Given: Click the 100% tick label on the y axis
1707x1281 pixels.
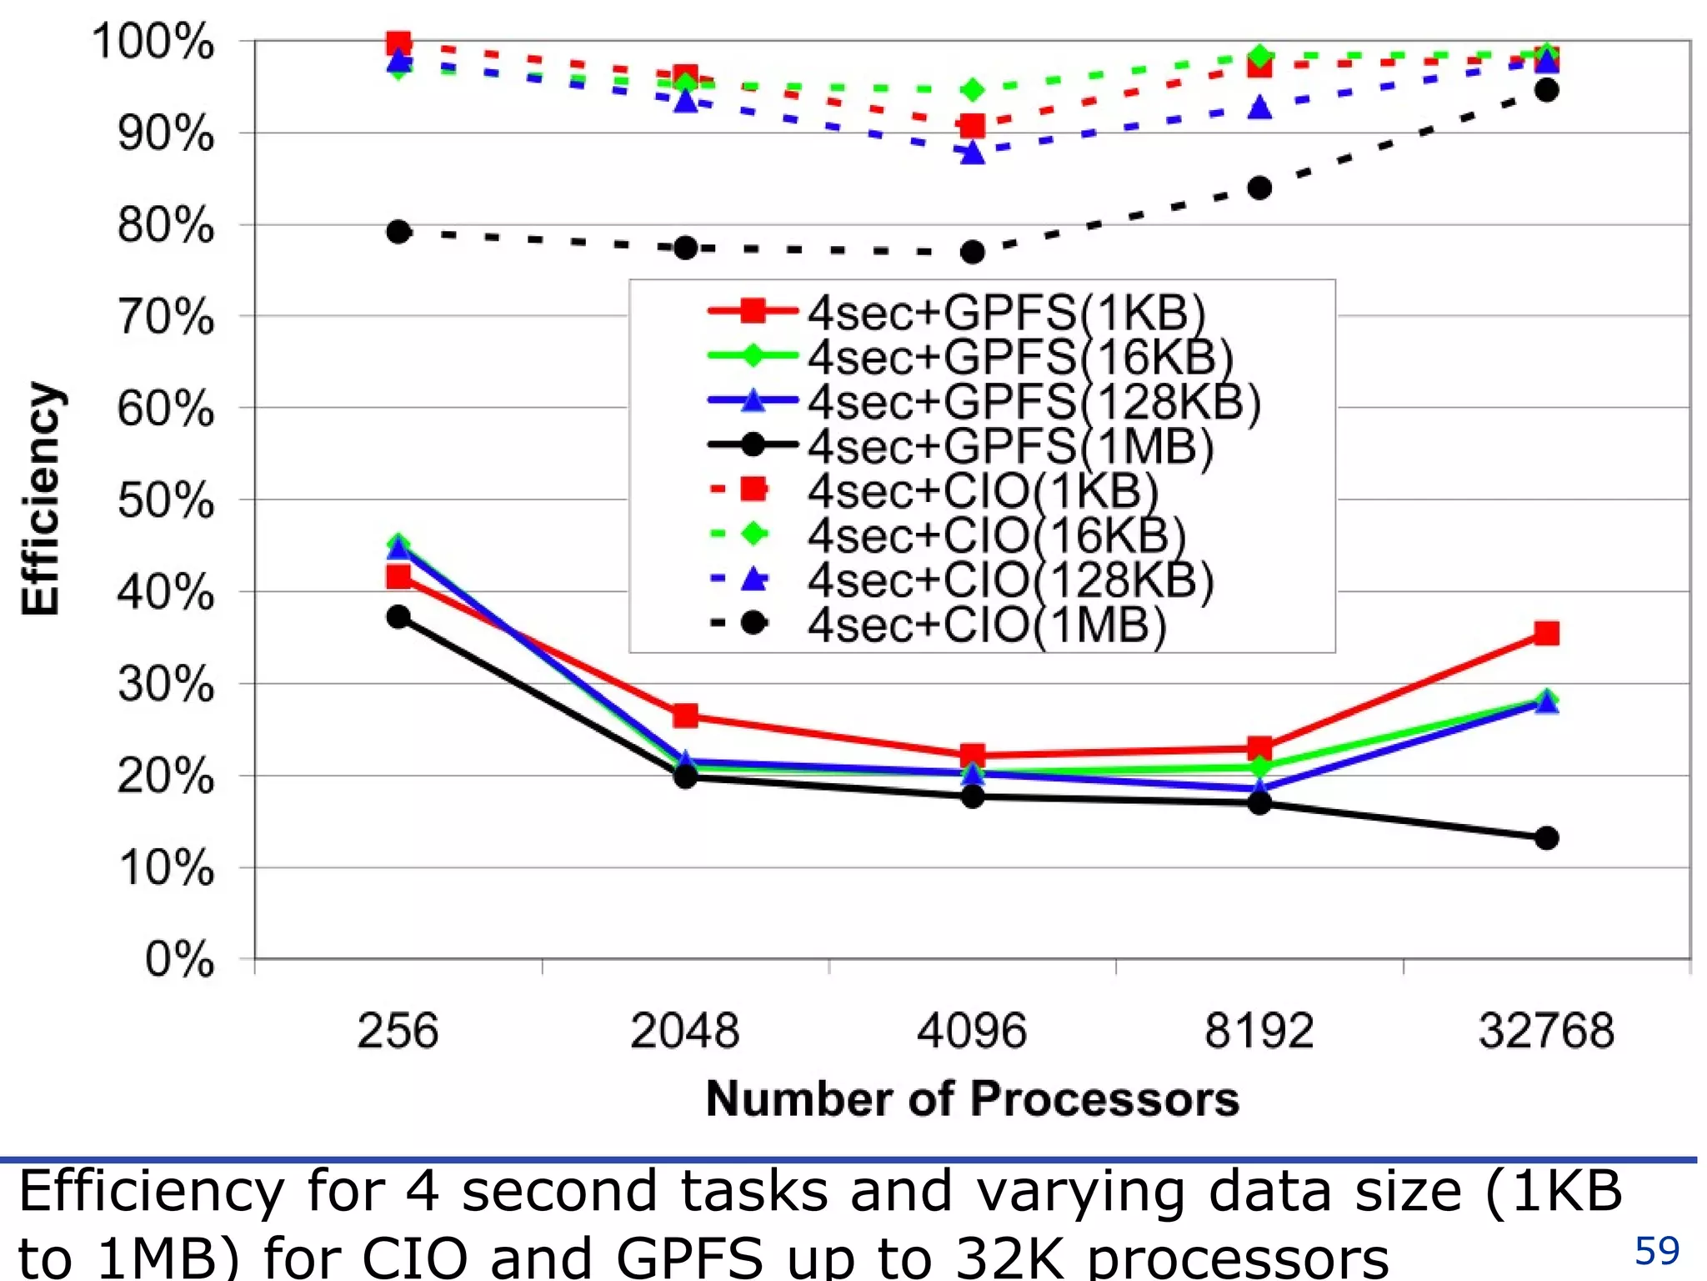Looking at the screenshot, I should pos(153,42).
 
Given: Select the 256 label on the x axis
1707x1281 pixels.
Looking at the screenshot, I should pos(398,1030).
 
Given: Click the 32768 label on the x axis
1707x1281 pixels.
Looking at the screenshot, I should pos(1546,1030).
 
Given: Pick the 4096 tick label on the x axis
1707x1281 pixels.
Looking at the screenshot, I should pos(972,1030).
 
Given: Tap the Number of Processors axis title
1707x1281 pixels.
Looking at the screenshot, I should pos(972,1098).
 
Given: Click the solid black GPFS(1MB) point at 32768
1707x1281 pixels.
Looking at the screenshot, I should pos(1546,838).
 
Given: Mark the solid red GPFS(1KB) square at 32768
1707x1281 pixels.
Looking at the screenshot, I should pos(1546,633).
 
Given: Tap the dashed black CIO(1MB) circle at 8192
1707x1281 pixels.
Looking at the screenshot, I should pos(1259,188).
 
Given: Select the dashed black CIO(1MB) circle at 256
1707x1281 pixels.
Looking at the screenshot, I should pos(398,232).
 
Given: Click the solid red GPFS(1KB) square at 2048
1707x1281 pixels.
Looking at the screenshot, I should pos(685,716).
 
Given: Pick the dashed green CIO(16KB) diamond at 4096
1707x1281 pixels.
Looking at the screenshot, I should pos(972,89).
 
